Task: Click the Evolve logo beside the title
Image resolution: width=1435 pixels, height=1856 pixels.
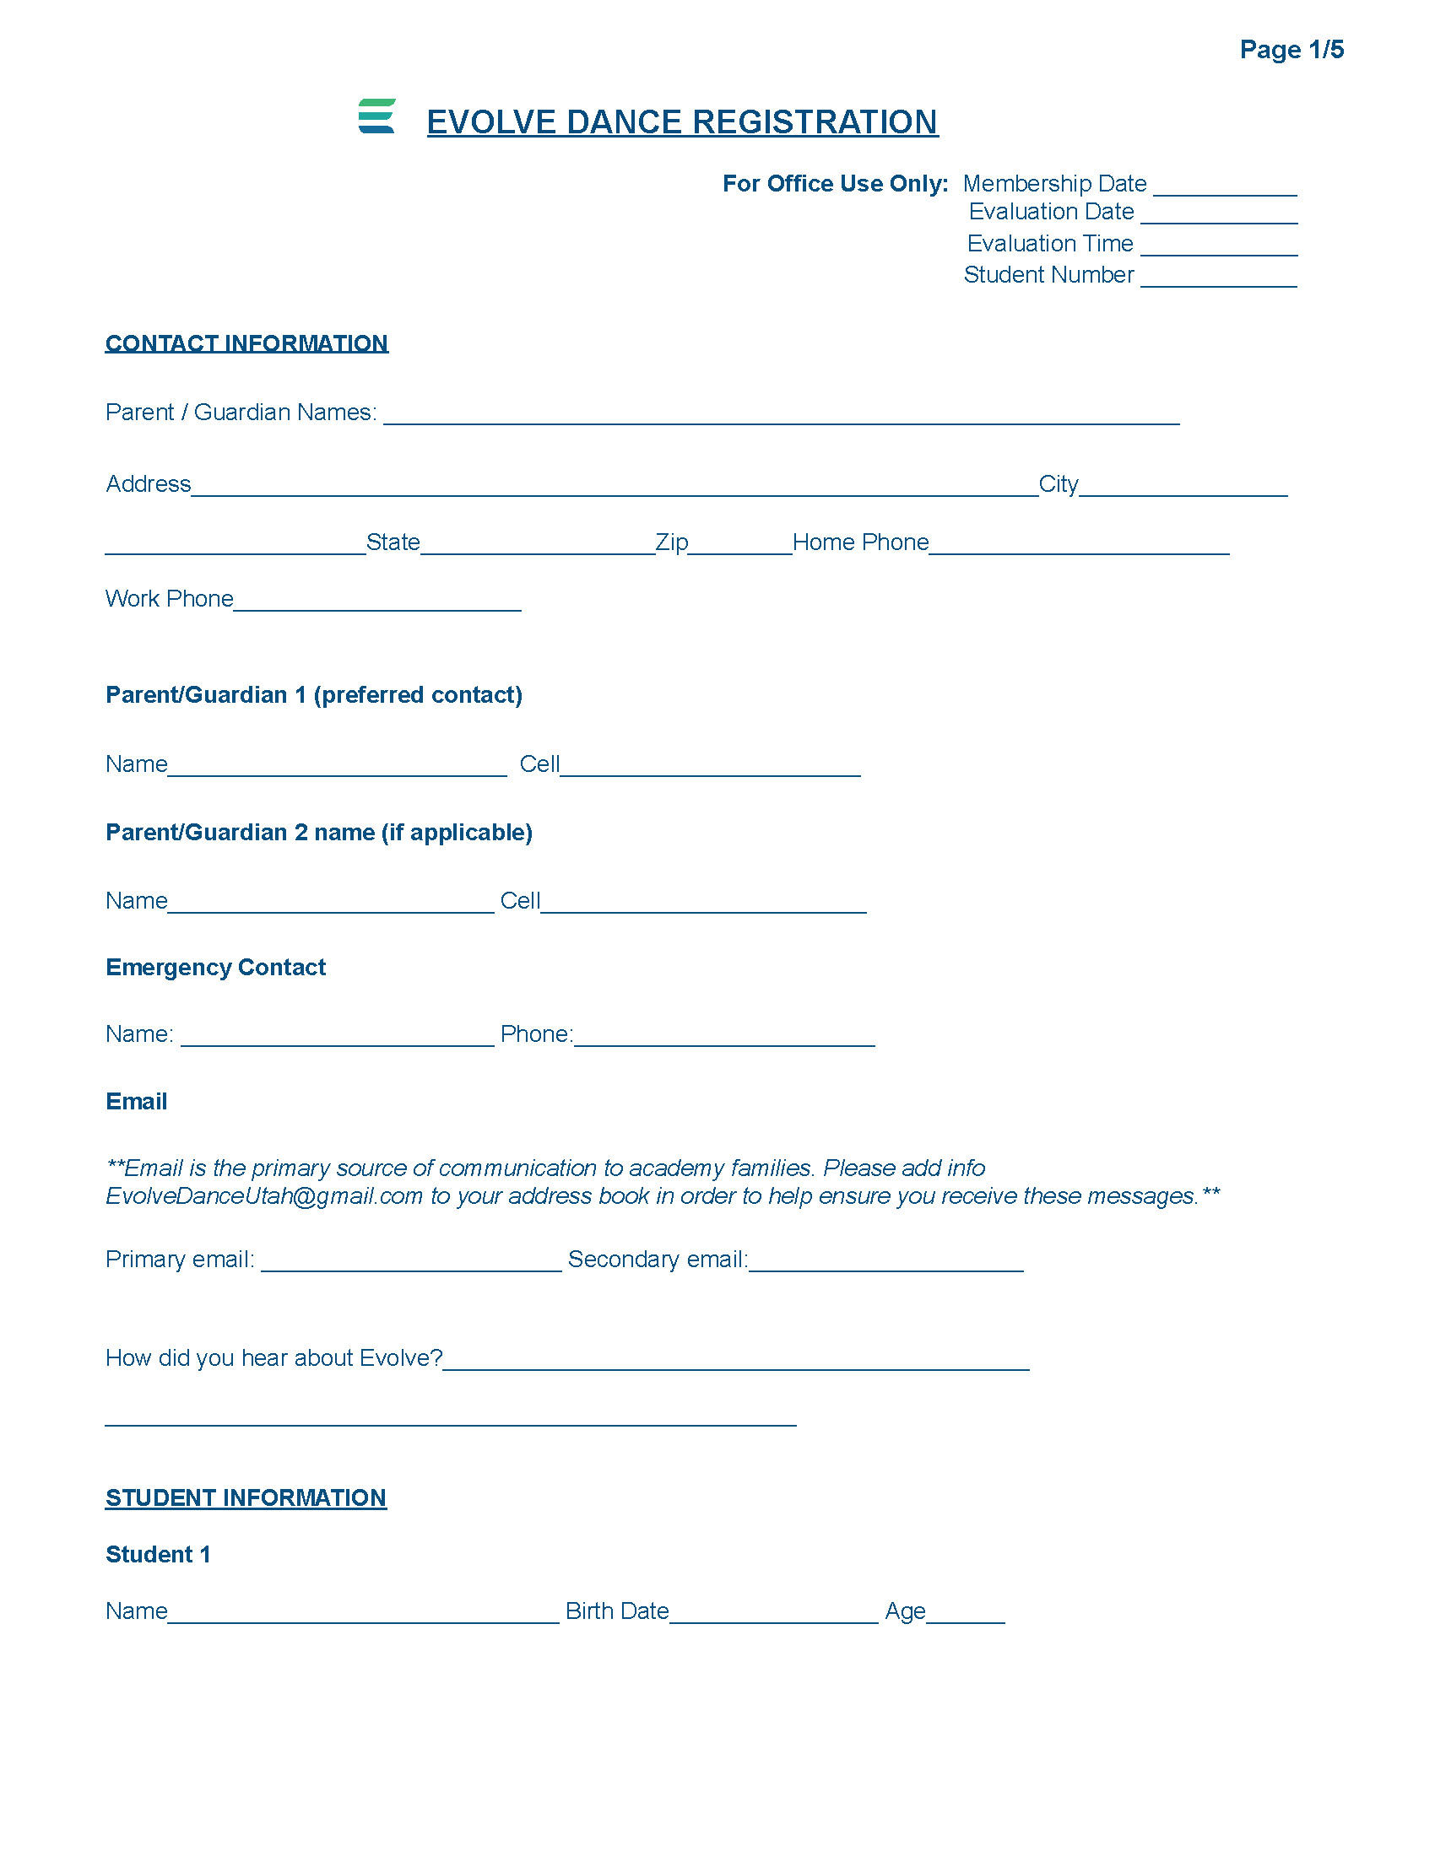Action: [376, 116]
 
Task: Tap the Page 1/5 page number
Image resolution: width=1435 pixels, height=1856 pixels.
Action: [1291, 49]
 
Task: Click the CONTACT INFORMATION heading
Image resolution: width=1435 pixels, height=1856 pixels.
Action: [246, 343]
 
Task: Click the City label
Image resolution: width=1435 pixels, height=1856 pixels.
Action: [1058, 484]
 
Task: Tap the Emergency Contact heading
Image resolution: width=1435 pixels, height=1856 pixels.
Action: [215, 967]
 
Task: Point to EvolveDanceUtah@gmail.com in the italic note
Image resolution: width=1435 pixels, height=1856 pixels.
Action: [263, 1196]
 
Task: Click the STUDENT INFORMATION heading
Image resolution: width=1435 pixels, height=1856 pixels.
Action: [246, 1497]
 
